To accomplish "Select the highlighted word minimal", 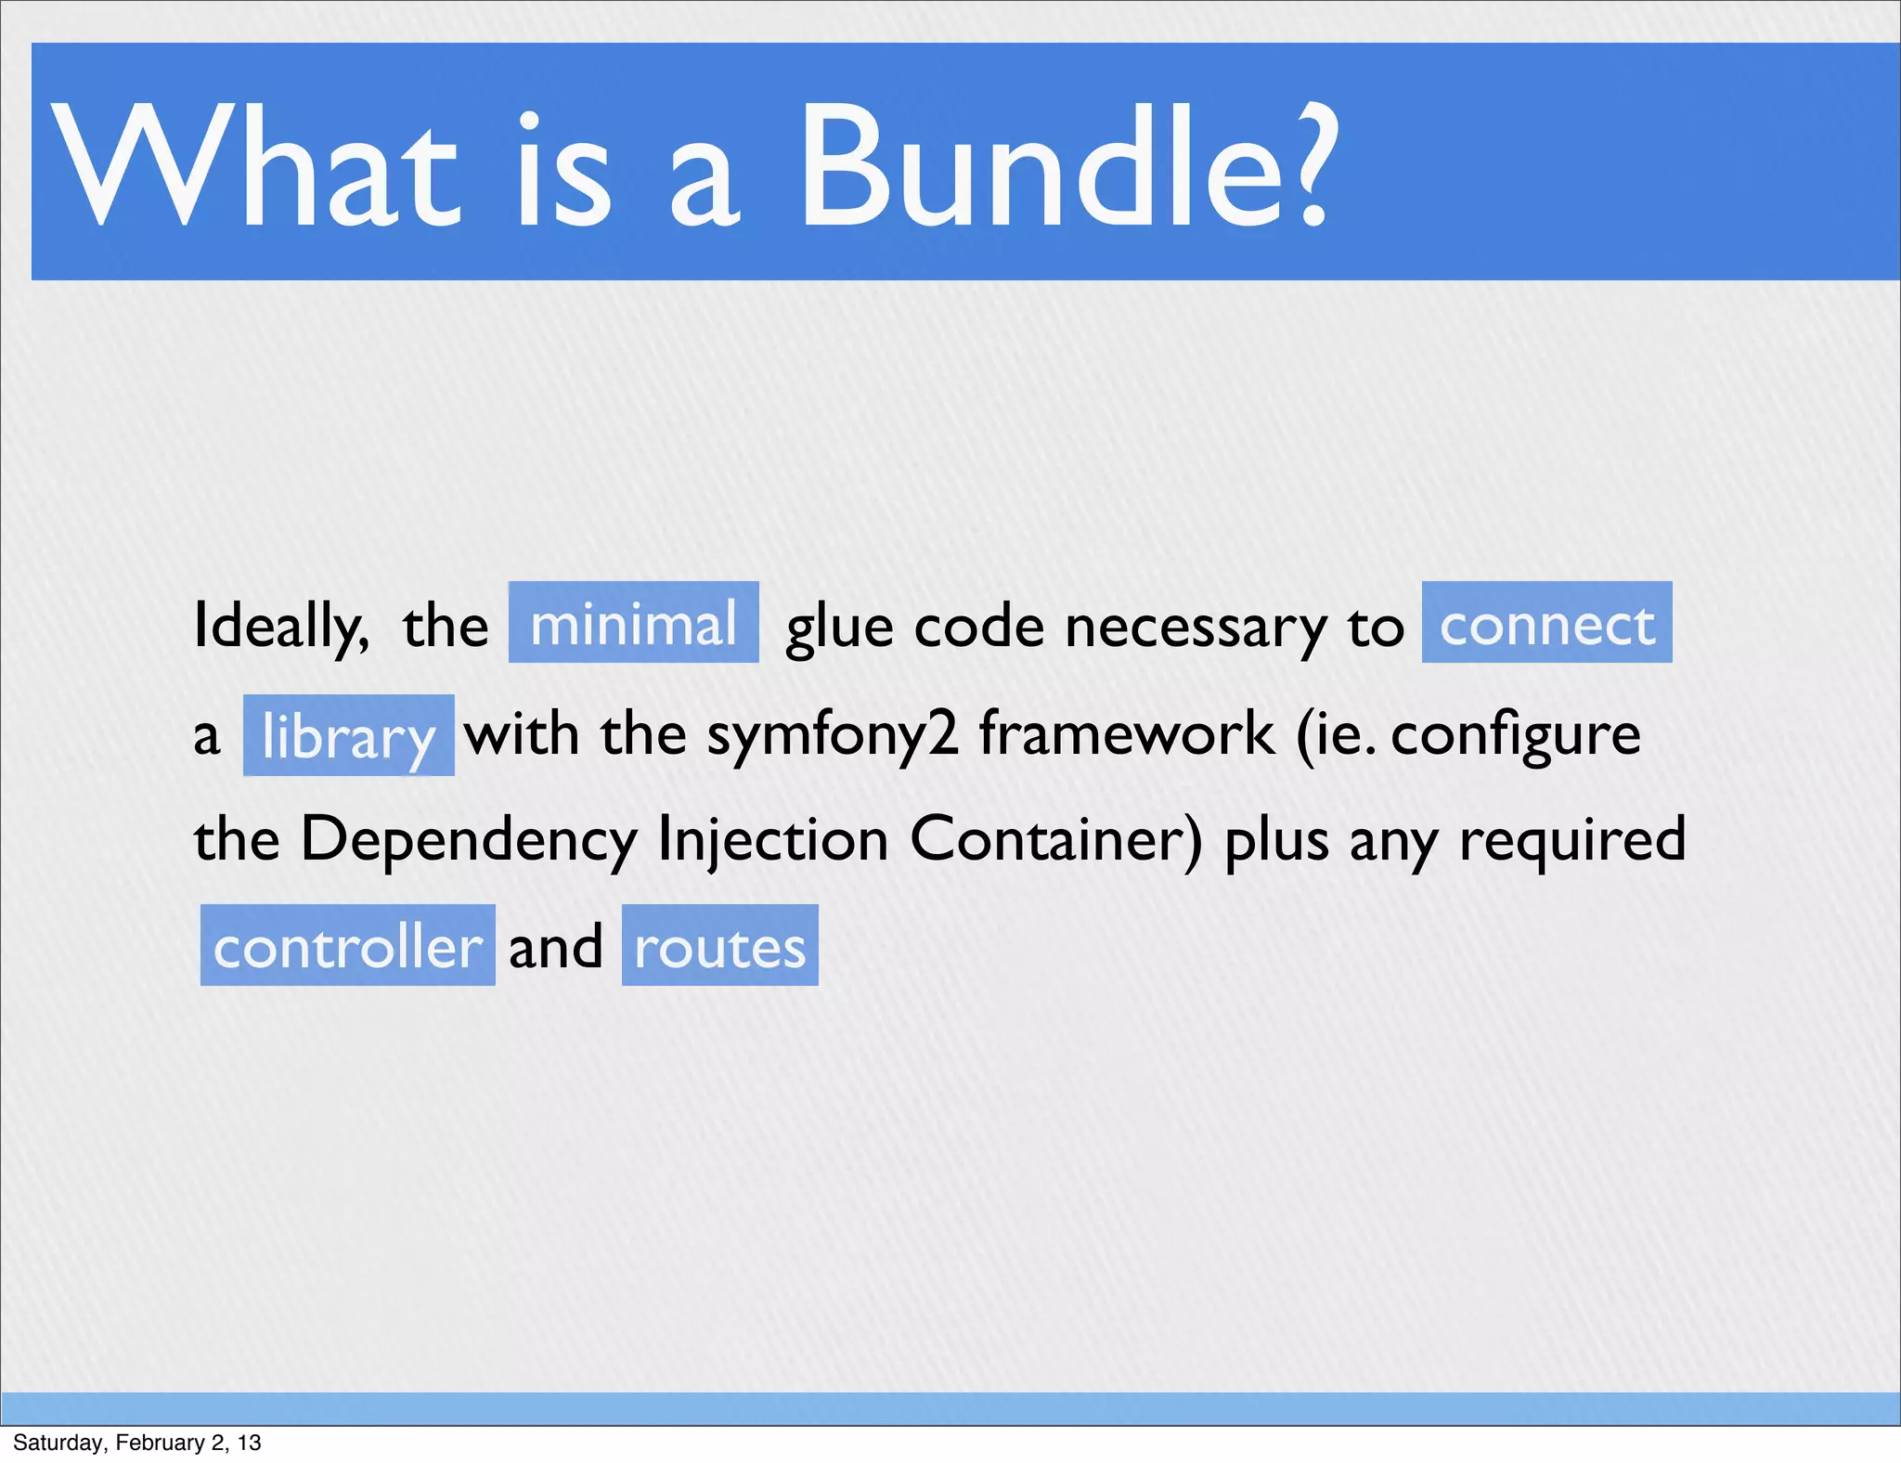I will point(633,623).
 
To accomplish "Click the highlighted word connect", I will point(1546,623).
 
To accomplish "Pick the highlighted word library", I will point(348,736).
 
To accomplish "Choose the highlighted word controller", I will point(347,946).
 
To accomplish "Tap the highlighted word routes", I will point(719,946).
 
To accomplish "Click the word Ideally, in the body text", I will point(280,627).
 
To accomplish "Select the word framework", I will point(1126,733).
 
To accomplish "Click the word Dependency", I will point(469,841).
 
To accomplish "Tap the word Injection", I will point(773,841).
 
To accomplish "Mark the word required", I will point(1571,839).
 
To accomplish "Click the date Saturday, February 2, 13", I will point(137,1443).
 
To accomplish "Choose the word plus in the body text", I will point(1276,841).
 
